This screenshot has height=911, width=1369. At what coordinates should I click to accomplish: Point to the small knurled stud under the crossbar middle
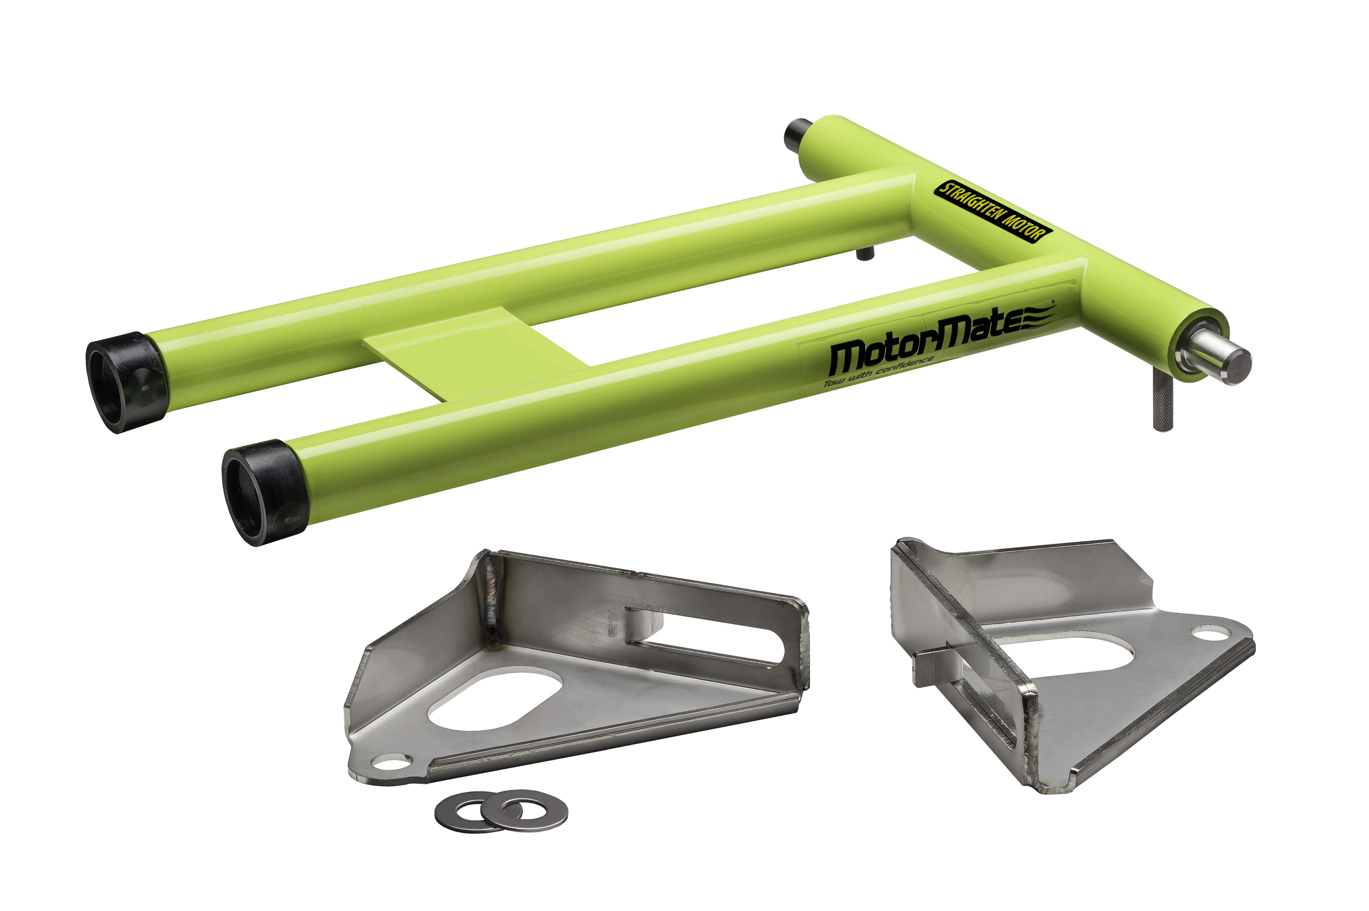click(x=865, y=253)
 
